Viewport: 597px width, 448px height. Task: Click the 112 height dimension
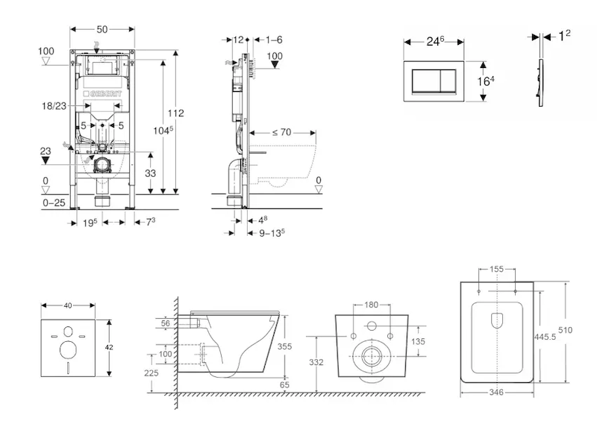click(176, 113)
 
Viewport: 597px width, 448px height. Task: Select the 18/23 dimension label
click(54, 108)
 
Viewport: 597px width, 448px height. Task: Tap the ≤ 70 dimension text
click(281, 132)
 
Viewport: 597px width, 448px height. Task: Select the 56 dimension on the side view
click(165, 323)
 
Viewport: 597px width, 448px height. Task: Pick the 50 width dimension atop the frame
click(102, 28)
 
